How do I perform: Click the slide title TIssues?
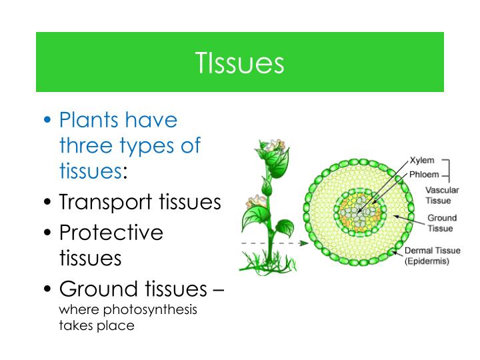pos(240,63)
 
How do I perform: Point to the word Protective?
pos(111,233)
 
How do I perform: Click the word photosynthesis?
pos(160,311)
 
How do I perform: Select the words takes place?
pos(97,326)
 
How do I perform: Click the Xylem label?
pos(422,161)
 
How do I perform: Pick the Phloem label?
pos(424,175)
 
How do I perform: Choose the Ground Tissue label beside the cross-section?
pos(441,223)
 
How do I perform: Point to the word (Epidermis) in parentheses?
pos(427,261)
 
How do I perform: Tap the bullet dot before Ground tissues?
pos(48,290)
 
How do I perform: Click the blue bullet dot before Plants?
pos(48,121)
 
